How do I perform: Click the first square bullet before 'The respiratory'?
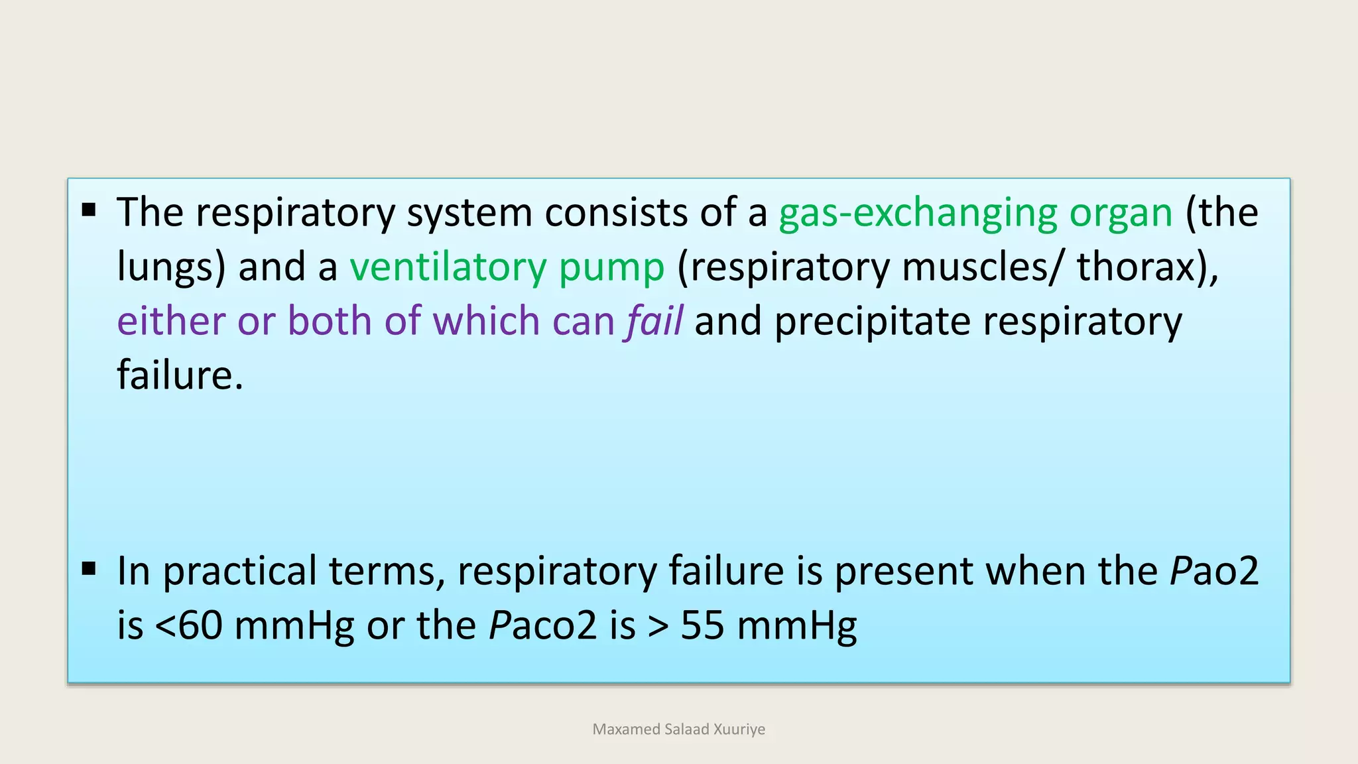[89, 211]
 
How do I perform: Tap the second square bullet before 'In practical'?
[89, 569]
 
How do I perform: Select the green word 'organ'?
[1121, 214]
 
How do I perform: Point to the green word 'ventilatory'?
[448, 267]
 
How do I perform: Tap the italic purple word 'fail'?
[654, 321]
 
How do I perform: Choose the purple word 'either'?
[171, 321]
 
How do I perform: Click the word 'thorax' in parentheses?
[1136, 267]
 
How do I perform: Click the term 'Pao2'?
[1213, 571]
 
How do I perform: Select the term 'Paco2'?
[543, 625]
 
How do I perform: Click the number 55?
[702, 625]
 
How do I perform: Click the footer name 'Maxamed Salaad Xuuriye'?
[678, 730]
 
